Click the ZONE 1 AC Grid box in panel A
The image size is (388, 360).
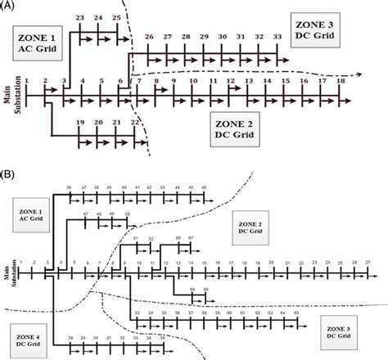(x=38, y=42)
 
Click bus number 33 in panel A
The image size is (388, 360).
(x=277, y=38)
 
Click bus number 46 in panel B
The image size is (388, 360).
(x=204, y=188)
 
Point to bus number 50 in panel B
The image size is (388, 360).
(x=127, y=214)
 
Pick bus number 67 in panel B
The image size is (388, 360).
(x=191, y=237)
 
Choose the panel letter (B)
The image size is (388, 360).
(x=8, y=175)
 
